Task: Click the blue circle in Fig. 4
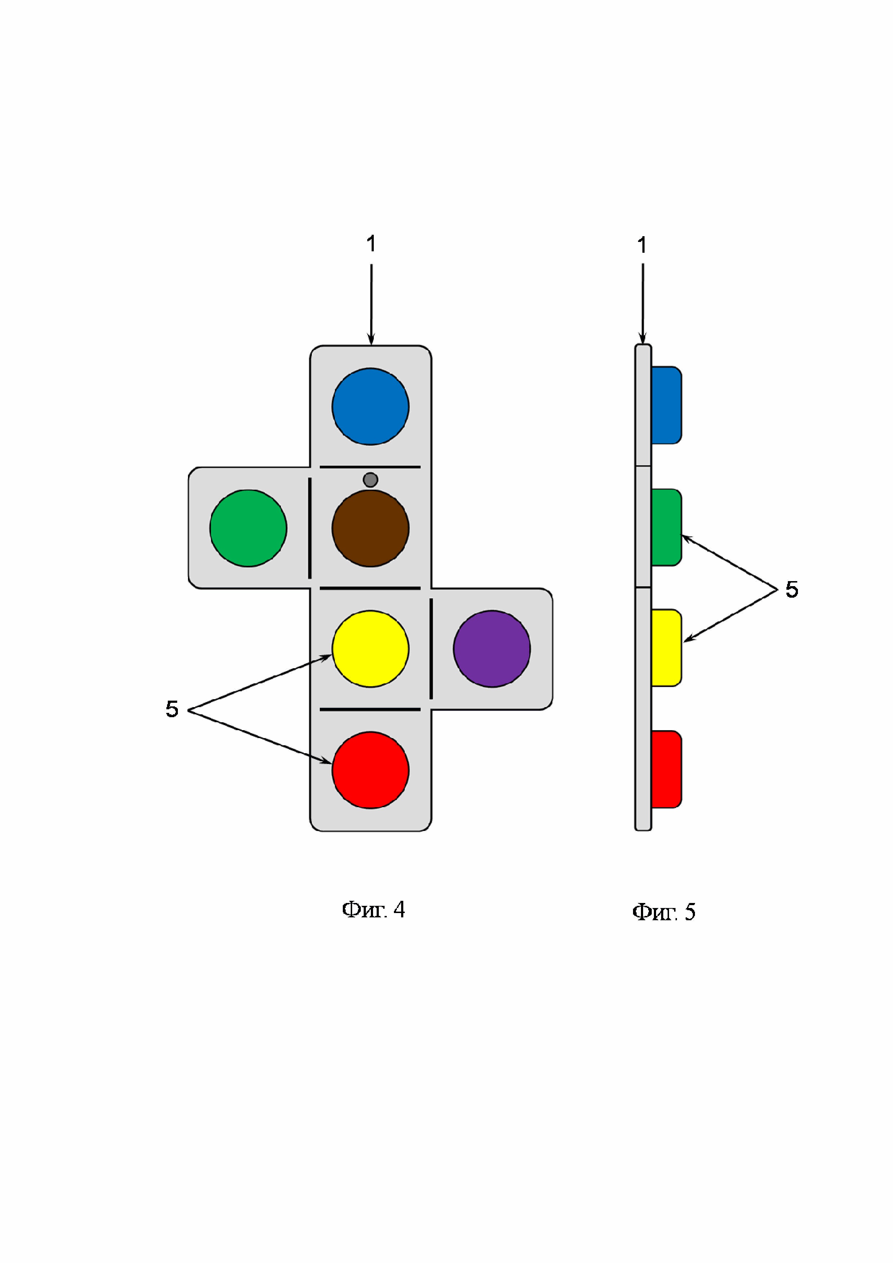coord(370,406)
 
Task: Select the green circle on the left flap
coord(248,528)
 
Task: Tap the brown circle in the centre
coord(370,528)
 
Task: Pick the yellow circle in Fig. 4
coord(370,648)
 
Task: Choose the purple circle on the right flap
coord(492,648)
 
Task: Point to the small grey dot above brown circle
coord(370,480)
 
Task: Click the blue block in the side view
coord(666,405)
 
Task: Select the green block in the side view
coord(666,527)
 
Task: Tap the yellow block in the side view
coord(666,647)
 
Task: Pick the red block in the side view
coord(666,769)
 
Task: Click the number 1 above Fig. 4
coord(371,244)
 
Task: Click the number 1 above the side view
coord(642,245)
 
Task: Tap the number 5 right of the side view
coord(791,590)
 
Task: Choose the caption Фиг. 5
coord(664,912)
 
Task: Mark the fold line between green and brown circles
coord(310,528)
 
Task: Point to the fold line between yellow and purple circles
coord(431,648)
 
